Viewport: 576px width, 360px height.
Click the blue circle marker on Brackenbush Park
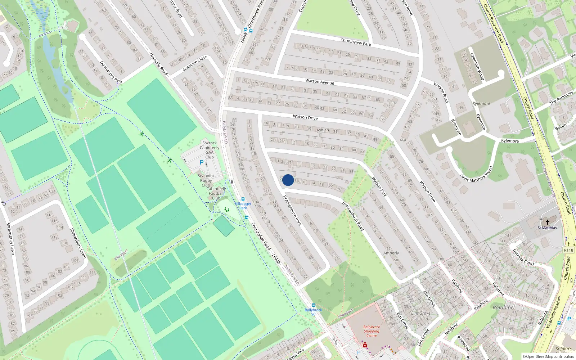tap(288, 180)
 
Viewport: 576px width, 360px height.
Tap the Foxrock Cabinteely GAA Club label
tap(210, 150)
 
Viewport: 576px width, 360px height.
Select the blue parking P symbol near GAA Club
tap(202, 163)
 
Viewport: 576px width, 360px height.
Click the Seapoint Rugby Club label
tap(206, 180)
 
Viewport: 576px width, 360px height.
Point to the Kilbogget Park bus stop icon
tap(243, 199)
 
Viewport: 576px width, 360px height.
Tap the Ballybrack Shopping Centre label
tap(372, 331)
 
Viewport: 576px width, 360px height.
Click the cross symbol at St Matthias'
tap(548, 222)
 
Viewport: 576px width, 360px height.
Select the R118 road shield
tap(568, 250)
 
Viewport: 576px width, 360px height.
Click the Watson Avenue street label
tap(320, 82)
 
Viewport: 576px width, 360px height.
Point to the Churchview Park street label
tap(356, 42)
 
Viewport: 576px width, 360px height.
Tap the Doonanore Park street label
tap(111, 72)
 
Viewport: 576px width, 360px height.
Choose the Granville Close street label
tap(194, 63)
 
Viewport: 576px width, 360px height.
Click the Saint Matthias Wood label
tap(476, 174)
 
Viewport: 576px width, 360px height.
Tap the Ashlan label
tap(323, 130)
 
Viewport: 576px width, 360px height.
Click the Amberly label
tap(391, 253)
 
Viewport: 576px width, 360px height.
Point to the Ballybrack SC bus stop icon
tap(313, 305)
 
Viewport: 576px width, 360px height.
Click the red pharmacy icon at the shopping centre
tap(365, 345)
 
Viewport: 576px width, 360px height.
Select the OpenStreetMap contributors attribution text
tap(548, 357)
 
